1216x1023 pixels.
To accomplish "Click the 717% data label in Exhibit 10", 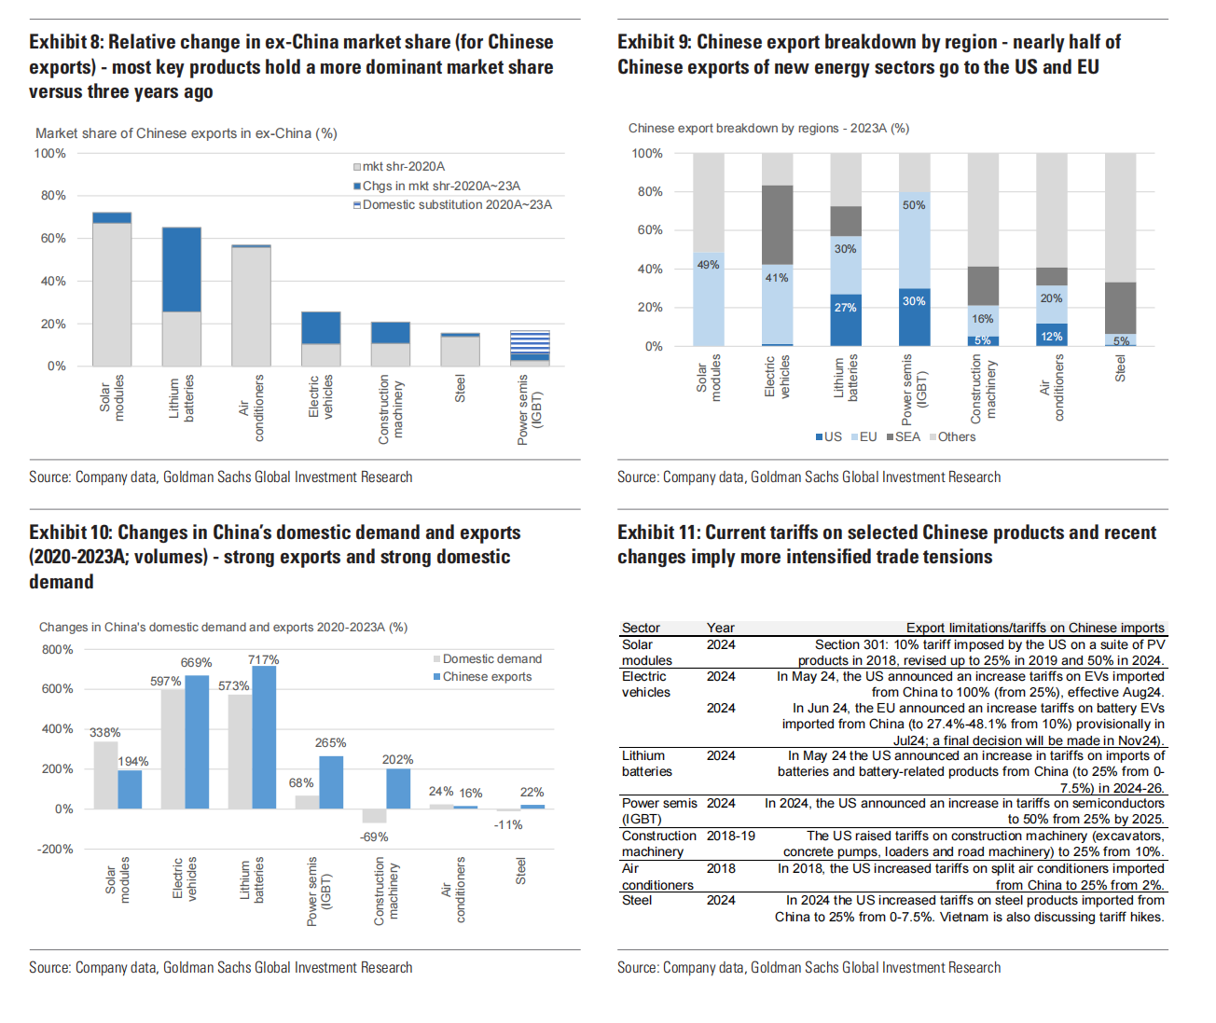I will (x=263, y=660).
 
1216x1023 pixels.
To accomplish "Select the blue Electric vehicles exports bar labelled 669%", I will (x=197, y=741).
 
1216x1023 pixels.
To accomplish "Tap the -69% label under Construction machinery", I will (x=374, y=836).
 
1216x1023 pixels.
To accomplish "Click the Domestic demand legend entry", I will (x=491, y=658).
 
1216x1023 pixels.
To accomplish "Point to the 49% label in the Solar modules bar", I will (x=708, y=265).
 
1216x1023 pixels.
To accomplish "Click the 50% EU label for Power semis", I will (x=914, y=205).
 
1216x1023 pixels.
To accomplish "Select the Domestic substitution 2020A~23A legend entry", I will (x=456, y=204).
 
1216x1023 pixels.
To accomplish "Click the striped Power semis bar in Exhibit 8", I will (x=530, y=345).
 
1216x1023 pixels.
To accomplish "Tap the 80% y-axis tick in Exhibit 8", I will (x=53, y=196).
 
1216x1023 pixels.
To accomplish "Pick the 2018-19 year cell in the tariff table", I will (x=731, y=836).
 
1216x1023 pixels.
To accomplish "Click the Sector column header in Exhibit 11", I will (x=641, y=628).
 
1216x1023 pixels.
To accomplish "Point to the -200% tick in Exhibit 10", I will (x=55, y=849).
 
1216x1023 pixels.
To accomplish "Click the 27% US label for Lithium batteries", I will (x=845, y=308).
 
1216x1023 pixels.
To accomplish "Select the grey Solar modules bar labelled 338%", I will (x=105, y=775).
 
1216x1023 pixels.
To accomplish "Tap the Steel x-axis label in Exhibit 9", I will (x=1120, y=367).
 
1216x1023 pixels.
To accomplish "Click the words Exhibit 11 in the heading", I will (x=657, y=532).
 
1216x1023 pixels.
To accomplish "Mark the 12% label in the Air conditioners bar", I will (x=1051, y=337).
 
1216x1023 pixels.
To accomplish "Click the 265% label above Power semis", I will (x=330, y=743).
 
